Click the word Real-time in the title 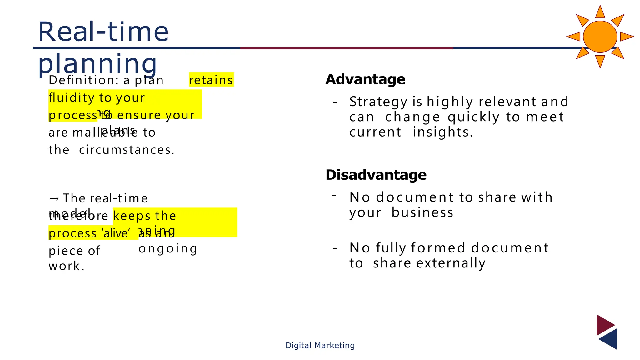point(103,32)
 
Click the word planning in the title point(97,64)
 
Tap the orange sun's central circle point(600,37)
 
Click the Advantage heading point(365,79)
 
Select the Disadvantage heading point(376,175)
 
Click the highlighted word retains point(211,80)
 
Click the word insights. point(442,132)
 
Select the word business point(422,213)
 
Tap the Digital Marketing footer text point(320,345)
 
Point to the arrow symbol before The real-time point(54,199)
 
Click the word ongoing point(168,249)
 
